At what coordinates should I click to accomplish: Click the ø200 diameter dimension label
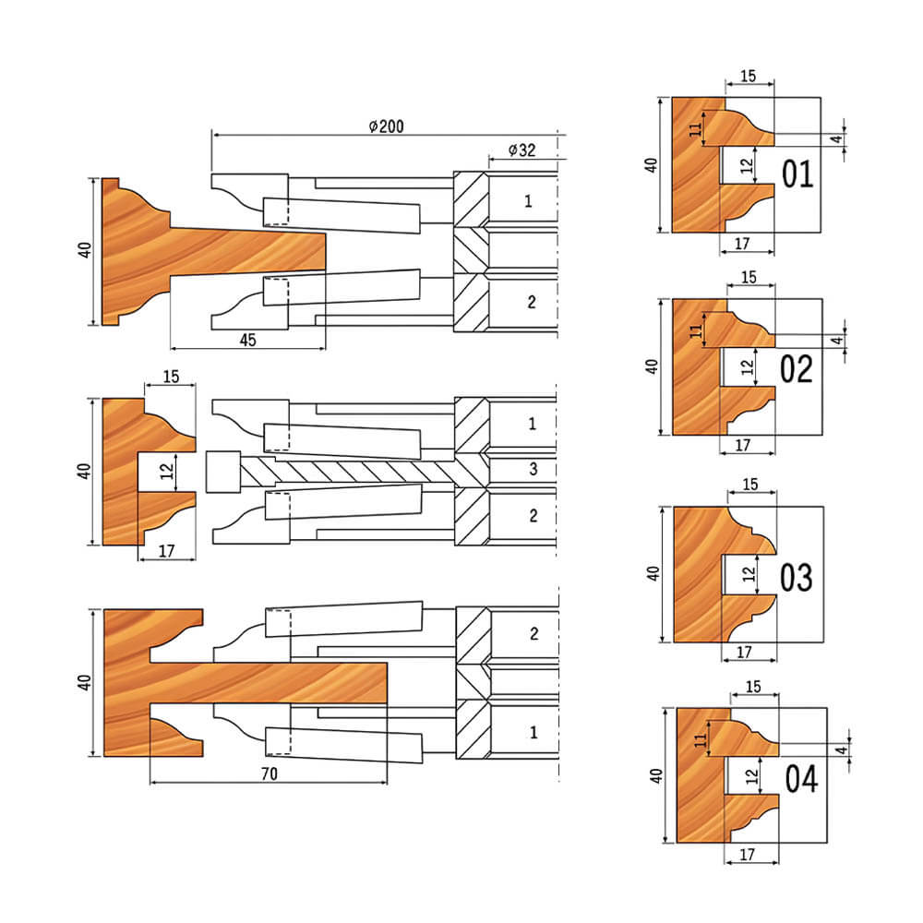click(386, 126)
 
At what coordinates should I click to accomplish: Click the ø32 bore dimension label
click(522, 150)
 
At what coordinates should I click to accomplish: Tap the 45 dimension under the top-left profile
click(247, 340)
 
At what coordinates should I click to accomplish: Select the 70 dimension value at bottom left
click(269, 773)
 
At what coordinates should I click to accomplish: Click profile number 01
click(797, 174)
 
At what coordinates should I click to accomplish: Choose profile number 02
click(797, 369)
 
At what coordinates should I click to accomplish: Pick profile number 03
click(797, 577)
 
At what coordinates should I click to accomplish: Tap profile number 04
click(801, 779)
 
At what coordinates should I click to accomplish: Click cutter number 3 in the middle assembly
click(533, 469)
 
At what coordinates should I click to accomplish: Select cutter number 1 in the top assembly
click(528, 201)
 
